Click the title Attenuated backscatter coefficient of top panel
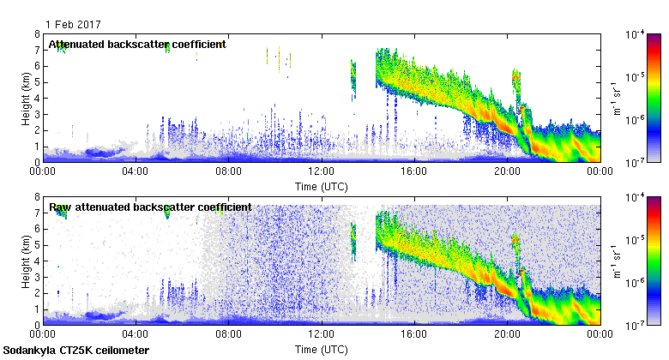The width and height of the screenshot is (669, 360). tap(136, 44)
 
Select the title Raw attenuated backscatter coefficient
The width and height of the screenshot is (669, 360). tap(150, 207)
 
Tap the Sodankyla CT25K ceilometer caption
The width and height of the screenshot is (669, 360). tap(76, 351)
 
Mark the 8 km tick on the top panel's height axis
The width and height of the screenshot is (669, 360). tap(38, 34)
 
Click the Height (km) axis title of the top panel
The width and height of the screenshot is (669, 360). tap(26, 98)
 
